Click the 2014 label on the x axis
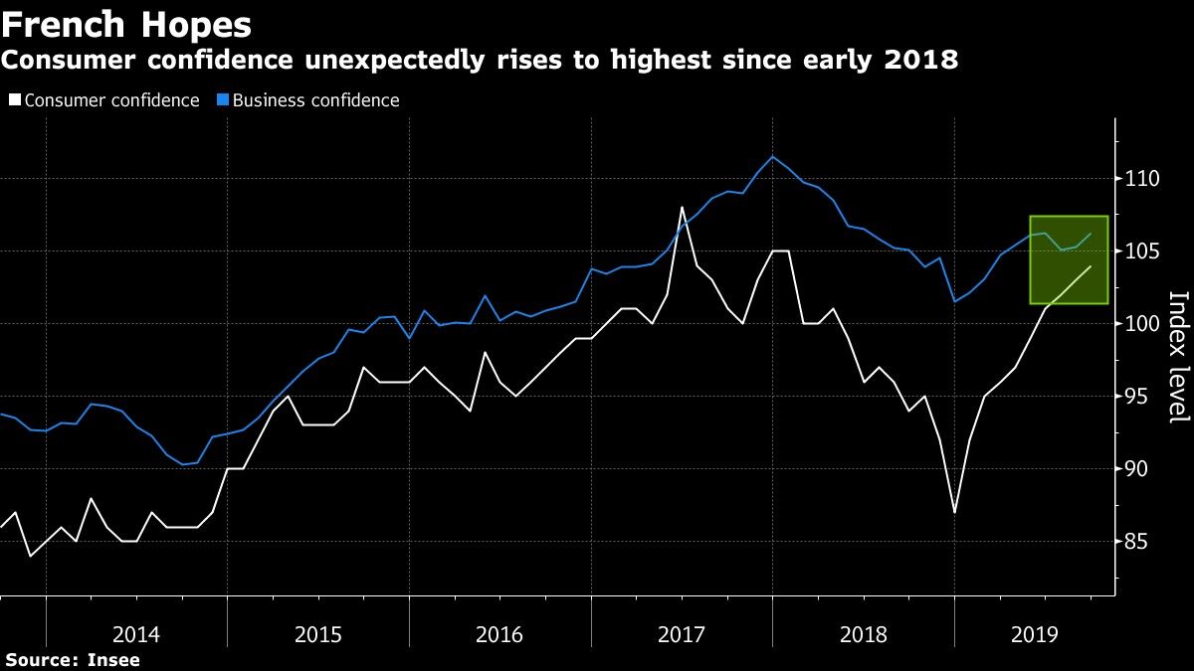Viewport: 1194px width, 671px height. pos(136,634)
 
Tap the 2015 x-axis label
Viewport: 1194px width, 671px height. pos(318,634)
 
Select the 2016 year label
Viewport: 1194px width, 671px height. pos(500,634)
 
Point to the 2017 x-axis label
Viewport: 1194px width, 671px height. pos(683,634)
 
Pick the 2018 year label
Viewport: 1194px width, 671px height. pos(865,634)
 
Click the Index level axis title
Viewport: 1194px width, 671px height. pos(1177,357)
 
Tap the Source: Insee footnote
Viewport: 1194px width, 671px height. pos(72,659)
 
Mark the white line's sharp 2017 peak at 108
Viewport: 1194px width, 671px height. pos(682,208)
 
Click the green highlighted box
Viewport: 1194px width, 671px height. pos(1069,259)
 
